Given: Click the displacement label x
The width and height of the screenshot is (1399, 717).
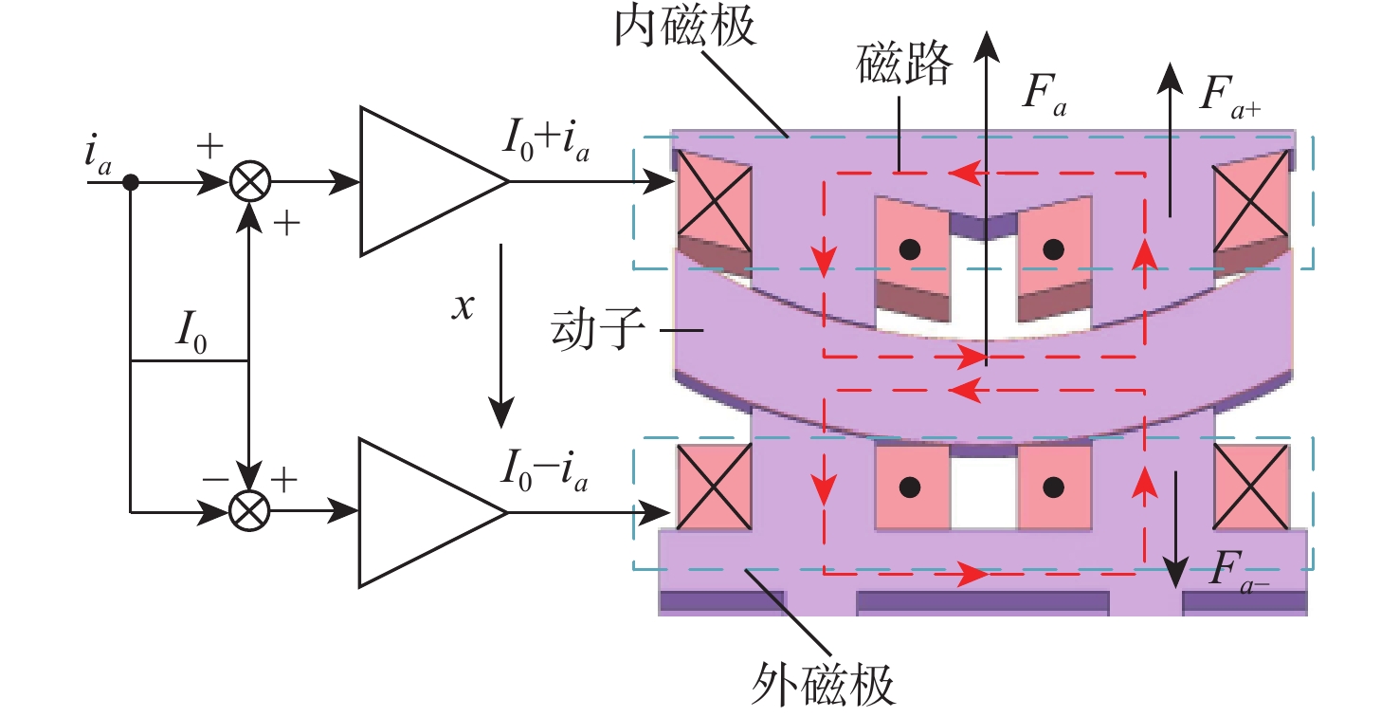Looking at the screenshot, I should coord(462,308).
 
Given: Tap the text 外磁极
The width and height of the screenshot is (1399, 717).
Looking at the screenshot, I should coord(825,681).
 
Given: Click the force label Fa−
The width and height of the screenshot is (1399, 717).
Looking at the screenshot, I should coord(1242,574).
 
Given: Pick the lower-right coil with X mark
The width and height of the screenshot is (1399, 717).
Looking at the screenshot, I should coord(1251,487).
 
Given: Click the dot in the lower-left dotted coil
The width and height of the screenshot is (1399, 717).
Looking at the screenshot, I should coord(911,487).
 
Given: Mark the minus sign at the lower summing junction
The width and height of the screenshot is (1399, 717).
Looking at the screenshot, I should coord(214,480).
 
